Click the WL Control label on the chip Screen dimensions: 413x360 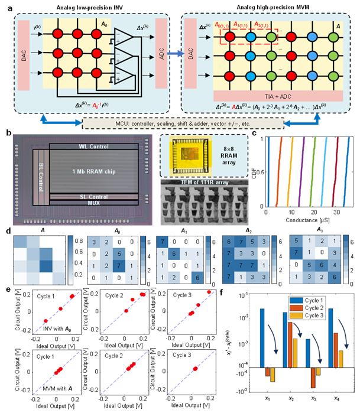point(95,146)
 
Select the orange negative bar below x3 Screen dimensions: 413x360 point(313,378)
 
